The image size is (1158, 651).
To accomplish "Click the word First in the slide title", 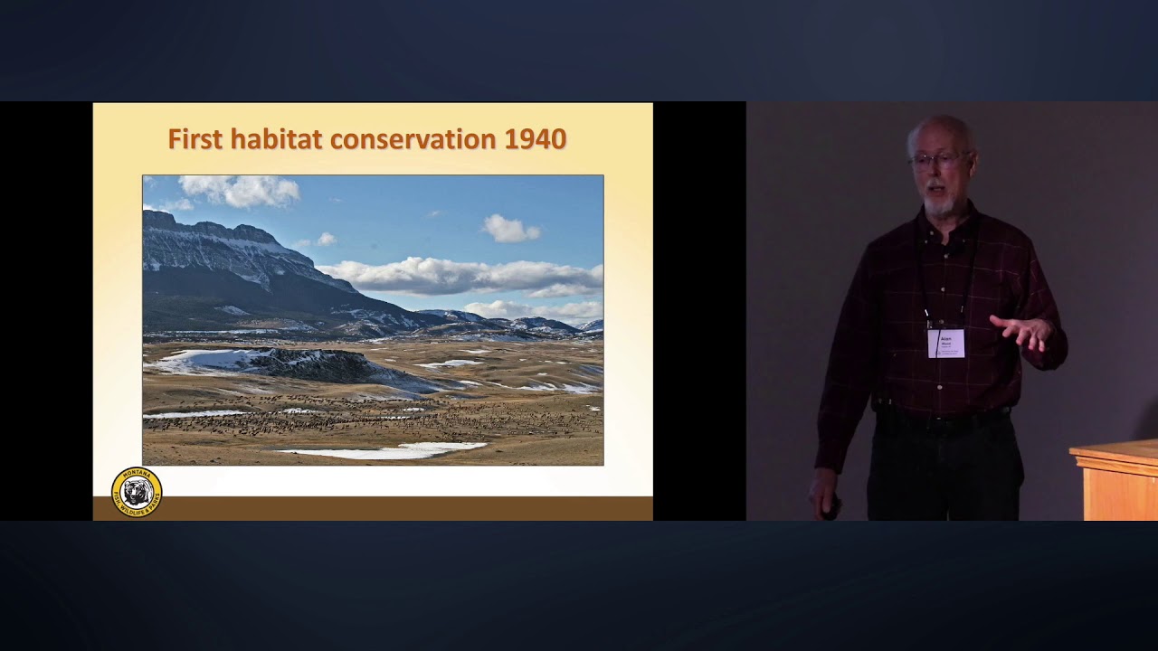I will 195,139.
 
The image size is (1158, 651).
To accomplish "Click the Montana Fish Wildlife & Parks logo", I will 137,492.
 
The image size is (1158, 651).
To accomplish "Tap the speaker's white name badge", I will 945,343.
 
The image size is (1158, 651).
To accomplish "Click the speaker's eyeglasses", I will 937,161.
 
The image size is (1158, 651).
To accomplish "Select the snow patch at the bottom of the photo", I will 389,449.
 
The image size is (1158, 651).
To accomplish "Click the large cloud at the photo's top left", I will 240,190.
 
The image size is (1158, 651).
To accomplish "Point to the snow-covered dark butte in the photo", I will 299,363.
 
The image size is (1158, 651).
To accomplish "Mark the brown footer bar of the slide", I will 373,508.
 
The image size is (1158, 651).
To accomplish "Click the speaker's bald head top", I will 941,127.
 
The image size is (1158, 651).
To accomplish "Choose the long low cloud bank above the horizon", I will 461,275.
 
